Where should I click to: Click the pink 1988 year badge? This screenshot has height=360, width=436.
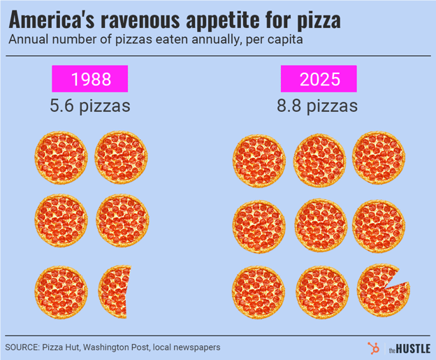click(91, 79)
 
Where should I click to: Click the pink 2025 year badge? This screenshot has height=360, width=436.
click(319, 79)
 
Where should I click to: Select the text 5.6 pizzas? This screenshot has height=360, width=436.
click(90, 106)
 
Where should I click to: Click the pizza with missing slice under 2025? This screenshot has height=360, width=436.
click(381, 289)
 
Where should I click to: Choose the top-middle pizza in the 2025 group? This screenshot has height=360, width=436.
click(319, 158)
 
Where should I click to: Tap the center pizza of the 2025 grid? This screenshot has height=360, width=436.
click(319, 224)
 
